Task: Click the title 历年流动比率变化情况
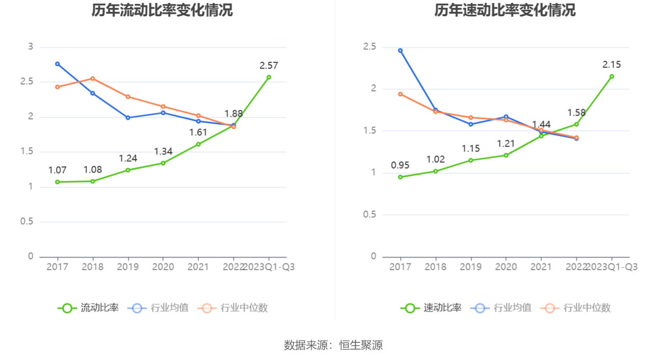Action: coord(162,10)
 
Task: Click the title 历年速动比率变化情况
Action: coord(505,10)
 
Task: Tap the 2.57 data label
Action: coord(269,65)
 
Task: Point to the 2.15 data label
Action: coord(612,64)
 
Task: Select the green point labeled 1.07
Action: coord(57,182)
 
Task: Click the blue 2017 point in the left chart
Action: coord(57,64)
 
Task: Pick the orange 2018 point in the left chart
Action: coord(93,78)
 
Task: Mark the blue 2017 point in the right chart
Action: coord(400,51)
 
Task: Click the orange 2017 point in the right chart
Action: coord(400,94)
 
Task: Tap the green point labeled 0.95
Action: coord(400,177)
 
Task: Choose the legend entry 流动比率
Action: coord(89,308)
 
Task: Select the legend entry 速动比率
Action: coord(432,308)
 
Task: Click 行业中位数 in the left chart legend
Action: coord(233,308)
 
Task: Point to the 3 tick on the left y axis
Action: coord(30,47)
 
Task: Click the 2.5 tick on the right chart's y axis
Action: coord(369,47)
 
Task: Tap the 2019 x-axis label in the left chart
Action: coord(128,267)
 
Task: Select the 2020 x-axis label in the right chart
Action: coord(506,267)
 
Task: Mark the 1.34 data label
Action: coord(163,151)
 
